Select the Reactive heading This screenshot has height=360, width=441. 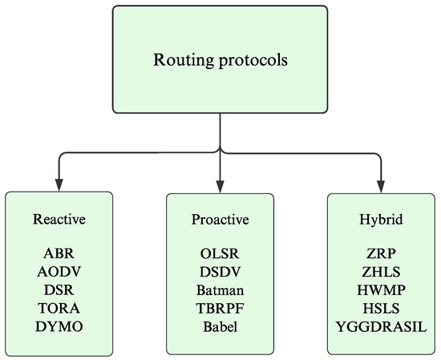coord(59,220)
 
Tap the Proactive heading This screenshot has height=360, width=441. coord(220,220)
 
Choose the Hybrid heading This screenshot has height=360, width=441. coord(380,220)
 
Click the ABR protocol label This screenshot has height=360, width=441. coord(59,254)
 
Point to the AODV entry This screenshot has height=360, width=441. coord(59,272)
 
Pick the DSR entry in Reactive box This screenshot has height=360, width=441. coord(59,289)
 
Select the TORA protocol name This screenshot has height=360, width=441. coord(59,307)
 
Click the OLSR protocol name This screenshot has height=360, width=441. coord(220,254)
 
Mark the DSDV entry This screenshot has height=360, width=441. coord(220,272)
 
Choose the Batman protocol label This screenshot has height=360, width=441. coord(220,289)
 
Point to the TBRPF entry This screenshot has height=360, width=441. coord(220,307)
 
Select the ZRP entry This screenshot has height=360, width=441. coord(380,254)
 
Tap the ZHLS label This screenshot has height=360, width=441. coord(380,272)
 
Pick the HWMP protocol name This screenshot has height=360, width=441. coord(380,289)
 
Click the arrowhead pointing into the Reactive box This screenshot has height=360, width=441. coord(59,182)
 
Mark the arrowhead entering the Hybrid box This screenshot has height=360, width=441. coord(380,182)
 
